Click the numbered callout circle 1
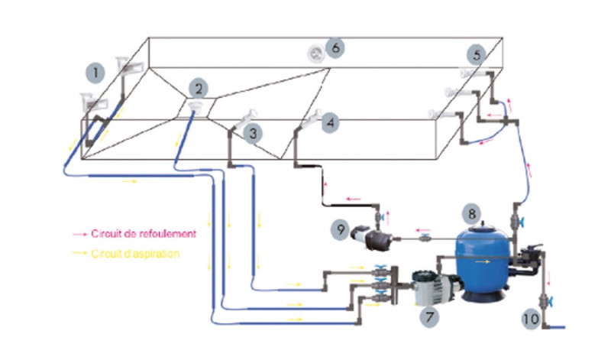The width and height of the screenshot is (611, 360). pos(95,73)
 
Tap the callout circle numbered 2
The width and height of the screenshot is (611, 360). pos(199,89)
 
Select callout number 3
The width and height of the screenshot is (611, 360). pos(253,134)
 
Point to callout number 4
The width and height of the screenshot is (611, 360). pos(330,123)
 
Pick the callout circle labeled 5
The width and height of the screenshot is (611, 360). pos(477,54)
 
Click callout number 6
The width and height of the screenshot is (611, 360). pos(335,47)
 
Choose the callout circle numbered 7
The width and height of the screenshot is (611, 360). pos(429,316)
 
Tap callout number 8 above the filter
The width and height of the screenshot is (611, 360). pos(471,214)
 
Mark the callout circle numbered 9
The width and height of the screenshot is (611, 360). pos(341,229)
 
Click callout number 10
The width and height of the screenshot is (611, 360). pos(531,319)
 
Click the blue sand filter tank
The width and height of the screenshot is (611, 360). pos(483,263)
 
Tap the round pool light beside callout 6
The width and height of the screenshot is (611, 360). pos(315,54)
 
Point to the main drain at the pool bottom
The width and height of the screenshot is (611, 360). pos(195,105)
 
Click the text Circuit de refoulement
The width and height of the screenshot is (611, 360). pos(144,234)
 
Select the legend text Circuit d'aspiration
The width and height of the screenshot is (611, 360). pos(135,254)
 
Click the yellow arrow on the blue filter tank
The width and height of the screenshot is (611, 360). pos(483,261)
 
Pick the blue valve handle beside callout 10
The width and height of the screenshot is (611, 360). pos(550,300)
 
